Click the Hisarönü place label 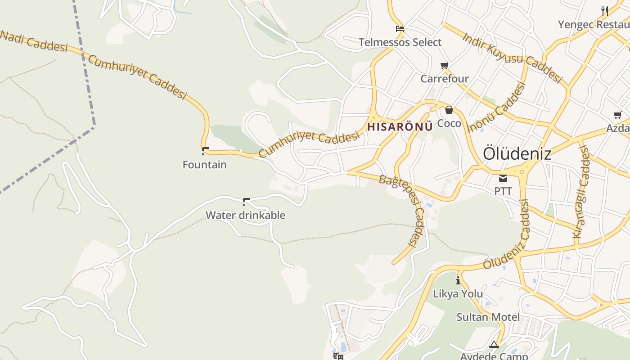pyautogui.click(x=400, y=126)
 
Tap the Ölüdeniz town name pyautogui.click(x=517, y=154)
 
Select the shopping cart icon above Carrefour pyautogui.click(x=445, y=66)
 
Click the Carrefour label pyautogui.click(x=444, y=79)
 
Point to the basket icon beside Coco pyautogui.click(x=449, y=110)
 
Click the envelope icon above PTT pyautogui.click(x=503, y=178)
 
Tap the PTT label pyautogui.click(x=503, y=191)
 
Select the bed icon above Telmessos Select pyautogui.click(x=400, y=29)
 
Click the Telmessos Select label pyautogui.click(x=400, y=42)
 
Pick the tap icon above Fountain pyautogui.click(x=205, y=151)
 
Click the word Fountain pyautogui.click(x=205, y=165)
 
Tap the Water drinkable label pyautogui.click(x=245, y=215)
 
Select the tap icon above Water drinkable pyautogui.click(x=246, y=202)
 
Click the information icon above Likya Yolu pyautogui.click(x=458, y=281)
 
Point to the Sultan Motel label pyautogui.click(x=488, y=317)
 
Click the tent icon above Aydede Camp pyautogui.click(x=494, y=345)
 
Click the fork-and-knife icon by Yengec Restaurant pyautogui.click(x=605, y=11)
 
